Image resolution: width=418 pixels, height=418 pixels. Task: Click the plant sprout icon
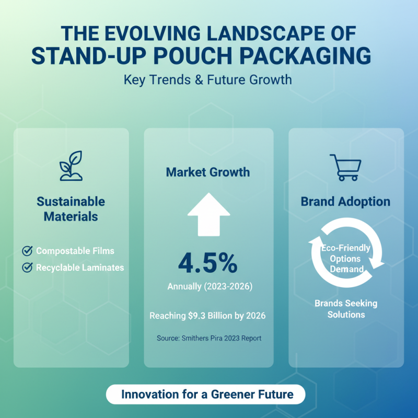[x=71, y=166]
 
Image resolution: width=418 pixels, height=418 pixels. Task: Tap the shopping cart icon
[x=345, y=168]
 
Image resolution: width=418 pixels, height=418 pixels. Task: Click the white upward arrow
[x=208, y=214]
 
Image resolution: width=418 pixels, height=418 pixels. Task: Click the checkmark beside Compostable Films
[x=27, y=251]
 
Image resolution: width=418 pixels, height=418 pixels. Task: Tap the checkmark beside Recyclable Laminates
[x=27, y=268]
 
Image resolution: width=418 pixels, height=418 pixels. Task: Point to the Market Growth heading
[x=208, y=172]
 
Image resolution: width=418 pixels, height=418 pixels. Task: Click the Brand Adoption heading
[x=345, y=202]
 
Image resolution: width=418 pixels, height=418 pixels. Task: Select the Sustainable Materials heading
[x=71, y=208]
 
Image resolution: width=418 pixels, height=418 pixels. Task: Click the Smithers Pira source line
[x=208, y=338]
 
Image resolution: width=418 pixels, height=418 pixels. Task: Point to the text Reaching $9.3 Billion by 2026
[x=208, y=316]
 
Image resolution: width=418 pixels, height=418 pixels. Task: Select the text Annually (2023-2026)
[x=208, y=286]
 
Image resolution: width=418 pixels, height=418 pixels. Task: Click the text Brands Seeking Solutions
[x=345, y=309]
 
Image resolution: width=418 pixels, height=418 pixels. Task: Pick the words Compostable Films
[x=75, y=251]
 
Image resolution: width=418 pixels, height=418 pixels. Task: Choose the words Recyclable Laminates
[x=80, y=268]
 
